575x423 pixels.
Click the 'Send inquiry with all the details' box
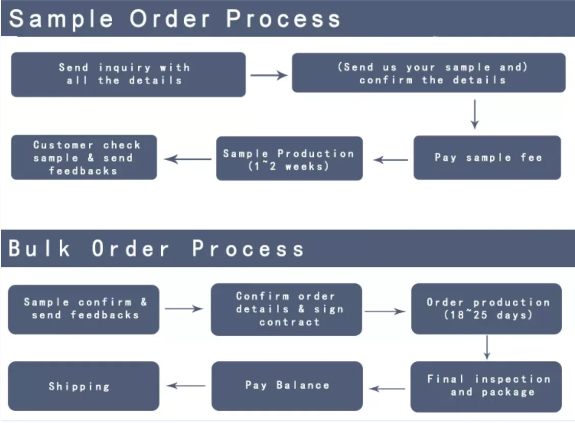click(128, 74)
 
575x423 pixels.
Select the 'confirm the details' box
click(428, 73)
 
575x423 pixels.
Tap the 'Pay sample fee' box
click(487, 158)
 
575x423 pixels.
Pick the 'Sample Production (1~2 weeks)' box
click(289, 159)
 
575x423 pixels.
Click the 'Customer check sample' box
click(84, 157)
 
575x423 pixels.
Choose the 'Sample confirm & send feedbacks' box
click(84, 309)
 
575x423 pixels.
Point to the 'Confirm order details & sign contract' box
click(286, 310)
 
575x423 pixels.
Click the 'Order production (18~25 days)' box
click(486, 309)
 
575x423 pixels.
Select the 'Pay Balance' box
click(287, 386)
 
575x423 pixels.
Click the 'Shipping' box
click(84, 386)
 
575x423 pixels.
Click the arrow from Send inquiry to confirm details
click(269, 76)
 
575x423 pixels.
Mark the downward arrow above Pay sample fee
click(474, 114)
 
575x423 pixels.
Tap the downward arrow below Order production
click(487, 347)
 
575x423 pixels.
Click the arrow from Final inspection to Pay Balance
click(387, 389)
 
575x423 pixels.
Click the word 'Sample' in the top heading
click(62, 19)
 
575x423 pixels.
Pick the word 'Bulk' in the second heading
click(40, 248)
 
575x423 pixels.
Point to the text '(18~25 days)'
click(488, 315)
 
